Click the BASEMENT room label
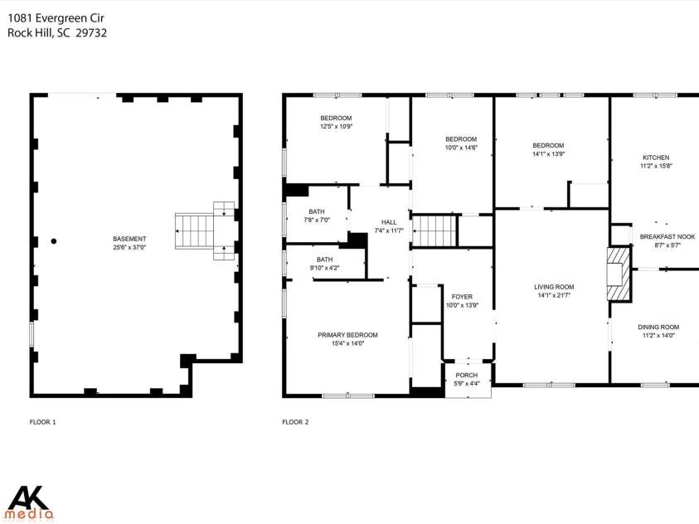[x=129, y=239]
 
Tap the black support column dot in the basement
[x=54, y=241]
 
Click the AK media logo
[x=32, y=503]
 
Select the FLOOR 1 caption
[x=43, y=422]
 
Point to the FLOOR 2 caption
[x=295, y=422]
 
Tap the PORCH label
[x=467, y=376]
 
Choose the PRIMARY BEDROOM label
[x=347, y=335]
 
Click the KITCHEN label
[x=656, y=158]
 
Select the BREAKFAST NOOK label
[x=667, y=236]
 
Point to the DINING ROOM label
[x=658, y=327]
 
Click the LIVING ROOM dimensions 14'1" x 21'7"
[x=554, y=295]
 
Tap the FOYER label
[x=462, y=297]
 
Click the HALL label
[x=389, y=222]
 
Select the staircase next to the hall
[x=434, y=230]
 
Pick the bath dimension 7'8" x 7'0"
[x=317, y=220]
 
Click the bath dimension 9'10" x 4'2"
[x=324, y=268]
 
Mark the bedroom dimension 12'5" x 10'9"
[x=336, y=126]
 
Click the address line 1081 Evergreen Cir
[x=56, y=18]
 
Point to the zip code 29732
[x=91, y=33]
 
